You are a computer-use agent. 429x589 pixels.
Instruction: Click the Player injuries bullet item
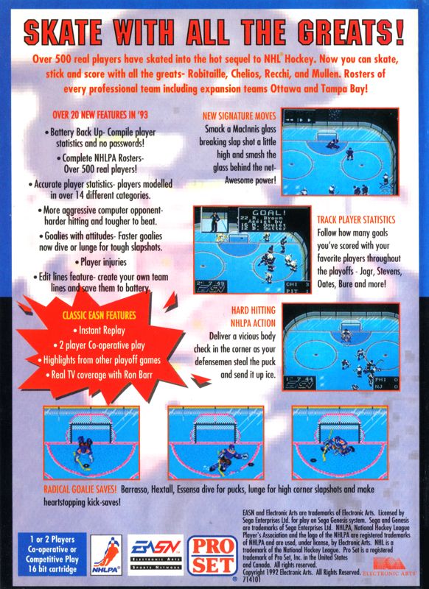coord(105,261)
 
